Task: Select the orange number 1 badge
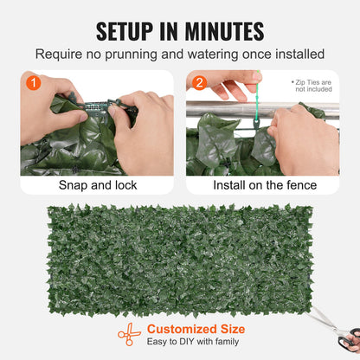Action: pos(32,83)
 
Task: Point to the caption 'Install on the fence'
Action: pos(262,185)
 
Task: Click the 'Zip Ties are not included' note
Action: pos(312,84)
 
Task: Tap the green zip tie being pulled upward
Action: pos(257,104)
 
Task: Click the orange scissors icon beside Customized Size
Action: pos(129,335)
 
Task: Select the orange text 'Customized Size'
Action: pos(196,329)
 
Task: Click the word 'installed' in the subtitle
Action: pos(299,55)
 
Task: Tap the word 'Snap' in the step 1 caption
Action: pos(72,185)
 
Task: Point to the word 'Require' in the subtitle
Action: pos(59,55)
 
